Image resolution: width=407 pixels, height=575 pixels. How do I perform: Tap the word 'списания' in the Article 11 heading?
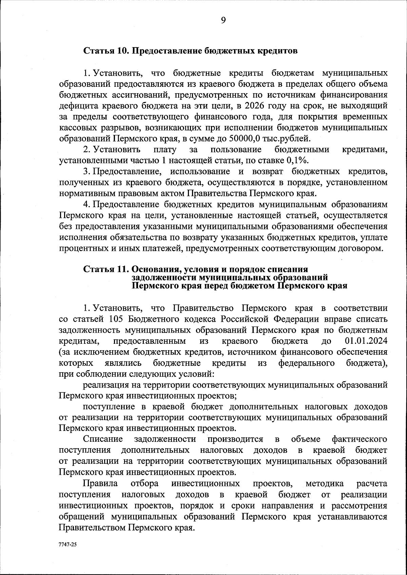pyautogui.click(x=288, y=269)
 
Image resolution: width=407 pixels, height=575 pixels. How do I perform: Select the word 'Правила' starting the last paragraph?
pyautogui.click(x=101, y=483)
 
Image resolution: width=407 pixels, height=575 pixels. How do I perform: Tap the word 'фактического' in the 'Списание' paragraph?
pyautogui.click(x=360, y=439)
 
